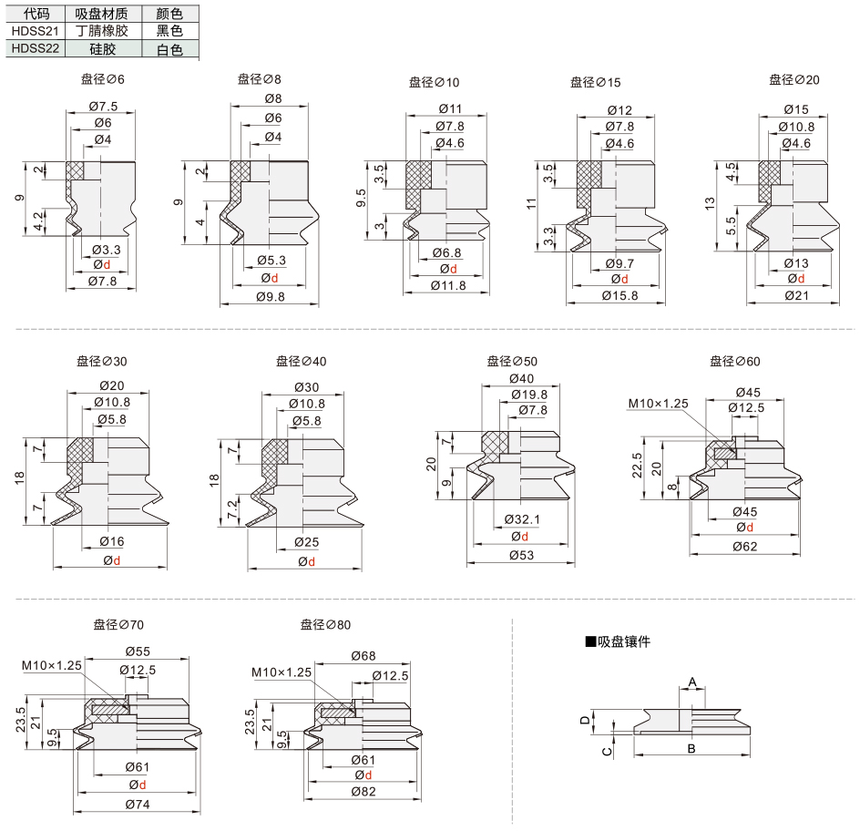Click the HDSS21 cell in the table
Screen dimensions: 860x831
coord(36,31)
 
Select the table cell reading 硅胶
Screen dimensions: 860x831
coord(103,49)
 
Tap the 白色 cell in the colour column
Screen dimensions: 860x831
coord(169,49)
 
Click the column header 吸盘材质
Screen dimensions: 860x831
coord(102,13)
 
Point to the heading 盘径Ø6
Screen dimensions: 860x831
coord(103,79)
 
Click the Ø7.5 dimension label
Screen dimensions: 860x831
coord(103,106)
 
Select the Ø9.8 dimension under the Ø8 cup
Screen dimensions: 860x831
coord(271,297)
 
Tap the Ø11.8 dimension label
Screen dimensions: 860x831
coord(448,286)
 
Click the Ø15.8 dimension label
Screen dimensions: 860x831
coord(619,295)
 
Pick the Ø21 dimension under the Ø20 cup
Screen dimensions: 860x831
coord(796,295)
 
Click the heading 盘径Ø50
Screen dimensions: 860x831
coord(512,362)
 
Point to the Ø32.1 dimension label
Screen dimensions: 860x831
coord(522,518)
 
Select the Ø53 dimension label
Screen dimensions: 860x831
coord(521,555)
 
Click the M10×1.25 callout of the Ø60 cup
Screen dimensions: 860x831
coord(658,404)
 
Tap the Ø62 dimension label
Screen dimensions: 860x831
coord(745,547)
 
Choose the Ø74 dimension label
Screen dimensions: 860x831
coord(138,805)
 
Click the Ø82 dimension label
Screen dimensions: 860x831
coord(363,792)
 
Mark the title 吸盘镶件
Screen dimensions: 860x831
coord(618,641)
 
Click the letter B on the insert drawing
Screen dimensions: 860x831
coord(691,749)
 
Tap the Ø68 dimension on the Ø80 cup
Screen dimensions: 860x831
coord(363,655)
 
